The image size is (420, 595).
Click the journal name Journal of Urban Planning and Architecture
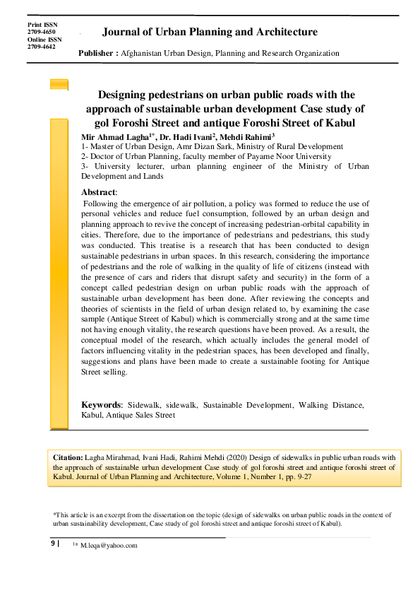coord(210,33)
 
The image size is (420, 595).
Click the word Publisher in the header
coord(97,53)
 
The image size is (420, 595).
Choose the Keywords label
coord(102,405)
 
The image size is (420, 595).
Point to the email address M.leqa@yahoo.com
coord(109,546)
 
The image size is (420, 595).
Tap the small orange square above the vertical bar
coord(59,84)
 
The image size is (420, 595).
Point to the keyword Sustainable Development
coord(248,405)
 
